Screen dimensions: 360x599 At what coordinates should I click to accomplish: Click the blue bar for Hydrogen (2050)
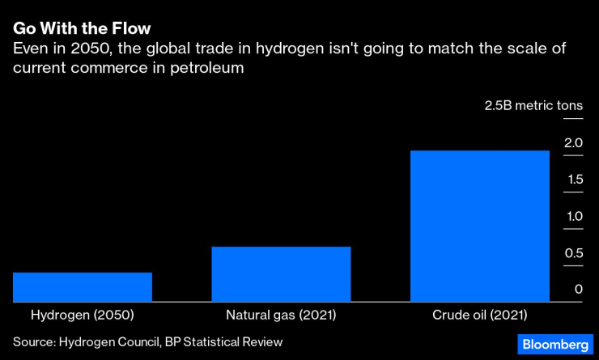83,287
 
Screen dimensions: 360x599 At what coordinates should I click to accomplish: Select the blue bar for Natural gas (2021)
281,274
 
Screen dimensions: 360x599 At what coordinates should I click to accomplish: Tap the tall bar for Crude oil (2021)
480,226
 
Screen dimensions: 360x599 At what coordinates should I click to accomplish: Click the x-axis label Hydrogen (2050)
82,315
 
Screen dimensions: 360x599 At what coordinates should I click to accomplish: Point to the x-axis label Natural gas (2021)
281,315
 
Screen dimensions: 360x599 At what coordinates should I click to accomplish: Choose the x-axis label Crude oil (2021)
479,315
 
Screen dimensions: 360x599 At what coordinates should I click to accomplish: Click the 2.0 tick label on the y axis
573,143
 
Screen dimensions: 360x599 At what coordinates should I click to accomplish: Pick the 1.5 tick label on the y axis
573,180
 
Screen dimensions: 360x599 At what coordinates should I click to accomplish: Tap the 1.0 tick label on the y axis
573,216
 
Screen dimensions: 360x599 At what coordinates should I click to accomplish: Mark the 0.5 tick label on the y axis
573,253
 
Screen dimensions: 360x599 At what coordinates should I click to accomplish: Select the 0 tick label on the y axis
578,290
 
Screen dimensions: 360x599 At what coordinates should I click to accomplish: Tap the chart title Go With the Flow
82,28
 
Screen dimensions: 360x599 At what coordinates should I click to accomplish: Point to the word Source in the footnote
32,342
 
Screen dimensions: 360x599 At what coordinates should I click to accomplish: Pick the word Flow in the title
130,28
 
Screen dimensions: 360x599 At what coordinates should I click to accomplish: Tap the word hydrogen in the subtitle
293,49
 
